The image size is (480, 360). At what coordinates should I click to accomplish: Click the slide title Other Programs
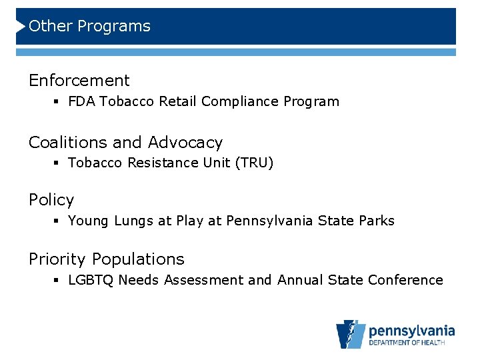tap(90, 27)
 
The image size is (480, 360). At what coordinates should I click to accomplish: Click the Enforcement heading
tap(79, 81)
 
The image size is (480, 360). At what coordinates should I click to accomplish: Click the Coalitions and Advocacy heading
tap(125, 143)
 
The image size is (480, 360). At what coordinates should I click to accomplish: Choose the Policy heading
tap(51, 200)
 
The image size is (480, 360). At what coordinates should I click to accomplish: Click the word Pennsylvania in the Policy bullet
tap(269, 221)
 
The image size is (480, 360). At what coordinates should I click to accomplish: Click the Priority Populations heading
tap(107, 259)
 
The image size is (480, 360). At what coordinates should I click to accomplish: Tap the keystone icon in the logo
tap(351, 334)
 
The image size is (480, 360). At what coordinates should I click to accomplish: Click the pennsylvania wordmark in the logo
tap(411, 330)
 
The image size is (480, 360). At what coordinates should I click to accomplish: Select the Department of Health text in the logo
tap(411, 343)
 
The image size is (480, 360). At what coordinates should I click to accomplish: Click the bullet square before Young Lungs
tap(59, 221)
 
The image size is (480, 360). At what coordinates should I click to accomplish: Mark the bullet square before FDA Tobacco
tap(59, 103)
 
